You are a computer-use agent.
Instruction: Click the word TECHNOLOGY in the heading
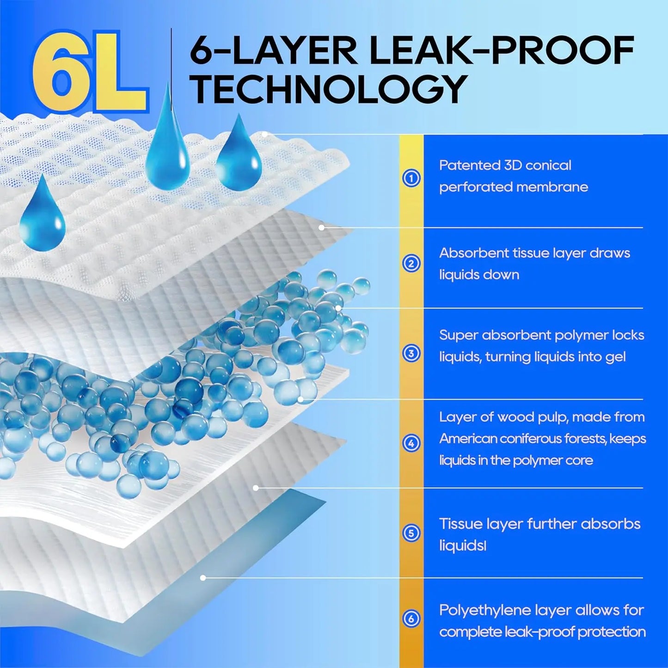[329, 90]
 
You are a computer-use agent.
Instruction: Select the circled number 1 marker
[411, 178]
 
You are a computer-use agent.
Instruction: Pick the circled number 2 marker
[411, 264]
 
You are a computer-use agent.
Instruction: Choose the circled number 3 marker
[411, 354]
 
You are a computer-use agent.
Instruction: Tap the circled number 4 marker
[411, 443]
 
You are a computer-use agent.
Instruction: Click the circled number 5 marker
[411, 533]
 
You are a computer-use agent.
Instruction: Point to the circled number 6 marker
[411, 619]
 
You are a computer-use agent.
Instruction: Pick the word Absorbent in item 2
[473, 253]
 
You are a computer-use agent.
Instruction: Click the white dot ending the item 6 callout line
[203, 578]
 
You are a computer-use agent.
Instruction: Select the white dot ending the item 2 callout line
[322, 228]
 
